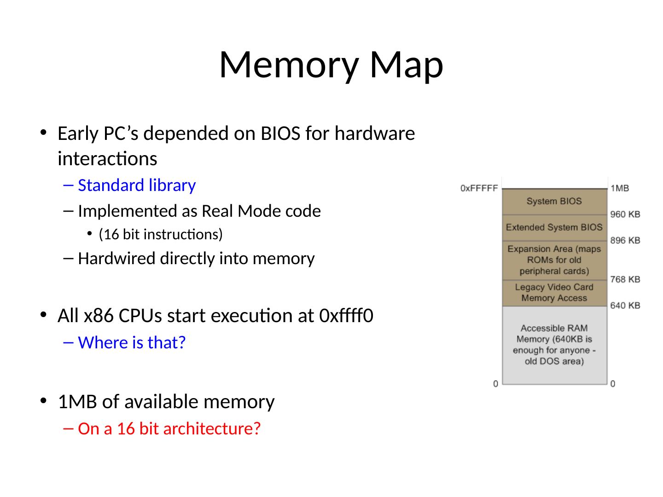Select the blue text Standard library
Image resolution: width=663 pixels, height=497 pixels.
pyautogui.click(x=137, y=185)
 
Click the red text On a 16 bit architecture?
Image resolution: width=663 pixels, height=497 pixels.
pyautogui.click(x=169, y=428)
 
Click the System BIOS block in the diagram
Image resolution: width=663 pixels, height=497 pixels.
pyautogui.click(x=554, y=201)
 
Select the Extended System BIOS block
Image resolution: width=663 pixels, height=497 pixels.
pyautogui.click(x=554, y=227)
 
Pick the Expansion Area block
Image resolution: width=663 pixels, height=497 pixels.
pyautogui.click(x=554, y=260)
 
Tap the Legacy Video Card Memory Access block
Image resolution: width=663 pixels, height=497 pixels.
pyautogui.click(x=554, y=293)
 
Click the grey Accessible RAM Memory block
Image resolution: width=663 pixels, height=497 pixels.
pyautogui.click(x=554, y=345)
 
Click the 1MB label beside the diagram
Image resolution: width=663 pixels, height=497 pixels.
pyautogui.click(x=620, y=188)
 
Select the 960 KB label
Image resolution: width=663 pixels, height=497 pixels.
pyautogui.click(x=625, y=214)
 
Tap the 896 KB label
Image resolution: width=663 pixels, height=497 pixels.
pyautogui.click(x=625, y=240)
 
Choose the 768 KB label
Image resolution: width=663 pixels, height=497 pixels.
pyautogui.click(x=625, y=279)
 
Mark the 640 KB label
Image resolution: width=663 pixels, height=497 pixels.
pyautogui.click(x=625, y=306)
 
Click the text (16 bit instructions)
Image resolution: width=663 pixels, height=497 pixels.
pyautogui.click(x=161, y=235)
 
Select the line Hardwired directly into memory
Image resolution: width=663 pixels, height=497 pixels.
pyautogui.click(x=196, y=259)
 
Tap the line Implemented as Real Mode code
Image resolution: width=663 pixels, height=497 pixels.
pyautogui.click(x=199, y=211)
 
